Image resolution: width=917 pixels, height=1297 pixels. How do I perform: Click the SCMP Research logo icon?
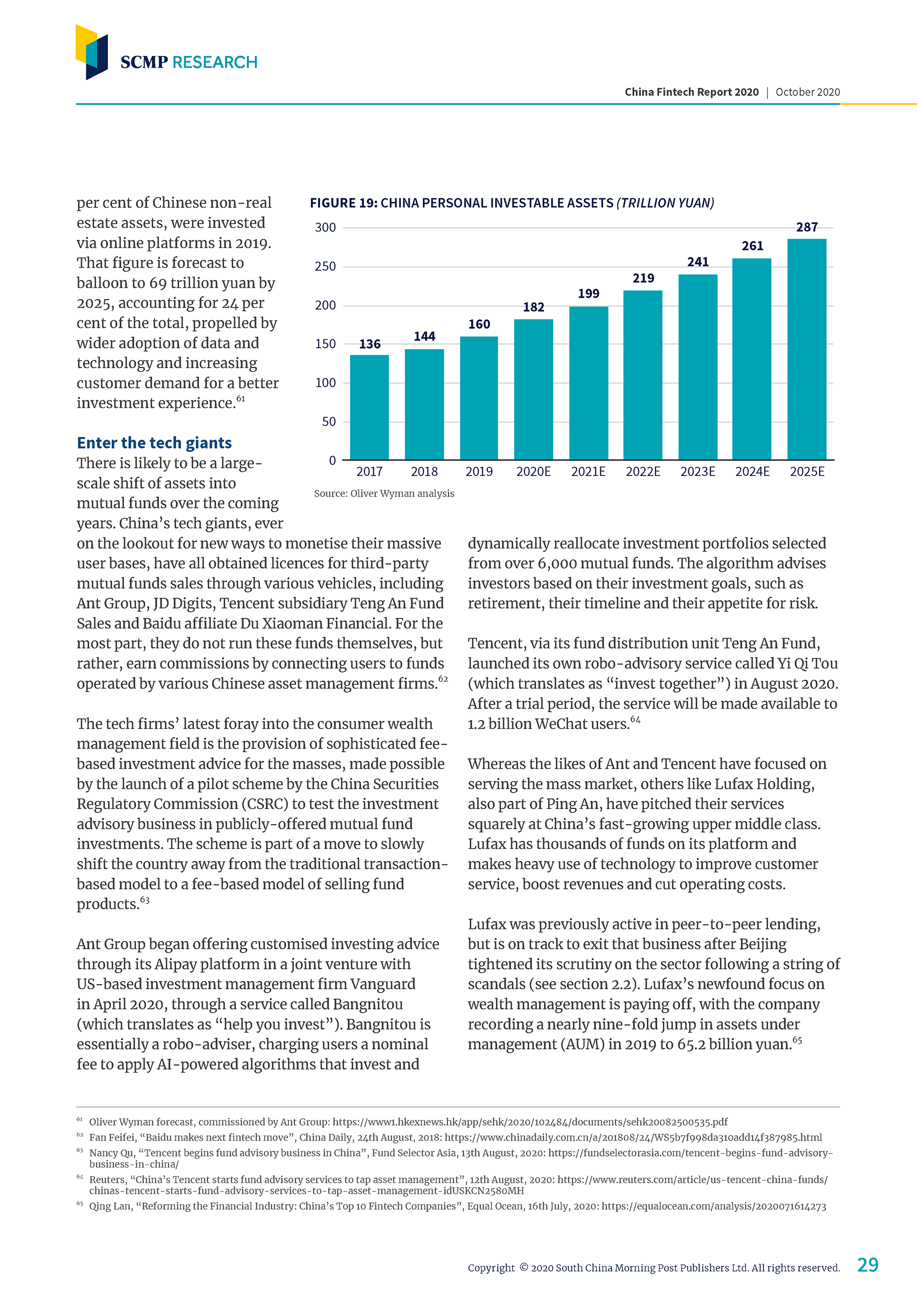[92, 52]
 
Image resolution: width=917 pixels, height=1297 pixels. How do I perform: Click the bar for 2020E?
[533, 389]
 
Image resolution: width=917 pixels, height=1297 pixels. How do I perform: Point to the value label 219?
[643, 278]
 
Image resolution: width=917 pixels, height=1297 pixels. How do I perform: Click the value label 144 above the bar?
[424, 336]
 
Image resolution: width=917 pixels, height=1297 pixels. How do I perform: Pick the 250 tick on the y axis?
[325, 266]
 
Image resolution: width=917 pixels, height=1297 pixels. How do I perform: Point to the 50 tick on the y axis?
[329, 421]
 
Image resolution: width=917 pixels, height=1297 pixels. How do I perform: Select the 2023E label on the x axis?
[697, 472]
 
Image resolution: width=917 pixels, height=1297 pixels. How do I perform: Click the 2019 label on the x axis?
[479, 472]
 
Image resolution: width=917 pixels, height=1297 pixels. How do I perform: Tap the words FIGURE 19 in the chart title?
[343, 203]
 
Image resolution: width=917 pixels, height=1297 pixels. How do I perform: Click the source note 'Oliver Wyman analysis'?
[402, 493]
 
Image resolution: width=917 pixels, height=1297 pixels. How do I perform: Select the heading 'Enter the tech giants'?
[154, 442]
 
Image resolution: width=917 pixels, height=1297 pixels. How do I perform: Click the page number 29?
[867, 1265]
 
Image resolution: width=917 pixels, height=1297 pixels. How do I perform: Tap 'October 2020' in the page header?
[808, 92]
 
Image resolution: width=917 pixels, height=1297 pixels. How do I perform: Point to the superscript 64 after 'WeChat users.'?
[635, 719]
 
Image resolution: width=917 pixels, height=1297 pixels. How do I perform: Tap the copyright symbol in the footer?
[523, 1267]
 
